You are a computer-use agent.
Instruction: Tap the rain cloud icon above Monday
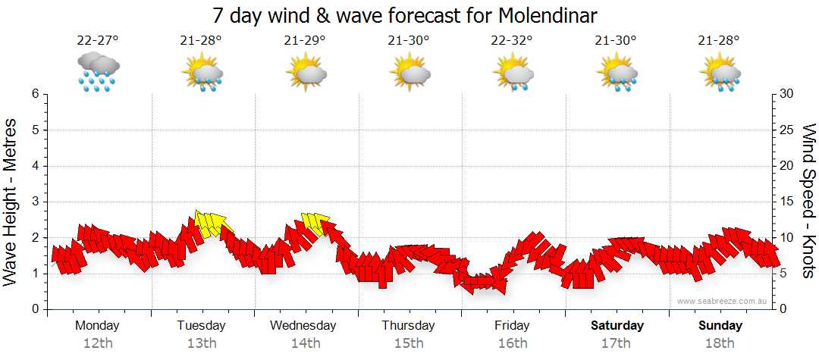coord(98,72)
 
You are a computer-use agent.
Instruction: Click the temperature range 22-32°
coord(513,41)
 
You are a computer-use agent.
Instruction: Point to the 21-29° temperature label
coord(306,41)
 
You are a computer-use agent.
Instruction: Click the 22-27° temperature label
coord(98,41)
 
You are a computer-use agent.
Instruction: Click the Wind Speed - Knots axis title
coord(807,202)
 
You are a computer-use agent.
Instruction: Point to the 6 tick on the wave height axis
coord(34,94)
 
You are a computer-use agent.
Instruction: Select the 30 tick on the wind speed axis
coord(787,94)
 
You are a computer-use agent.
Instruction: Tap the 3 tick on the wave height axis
coord(34,202)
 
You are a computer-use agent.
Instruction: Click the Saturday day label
coord(617,326)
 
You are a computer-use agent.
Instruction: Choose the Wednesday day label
coord(303,326)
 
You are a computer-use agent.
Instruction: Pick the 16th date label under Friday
coord(513,343)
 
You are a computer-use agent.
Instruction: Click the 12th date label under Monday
coord(98,343)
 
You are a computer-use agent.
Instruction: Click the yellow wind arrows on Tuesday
coord(210,223)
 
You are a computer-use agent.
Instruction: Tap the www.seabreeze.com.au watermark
coord(723,301)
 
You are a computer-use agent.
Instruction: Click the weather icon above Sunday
coord(720,73)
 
